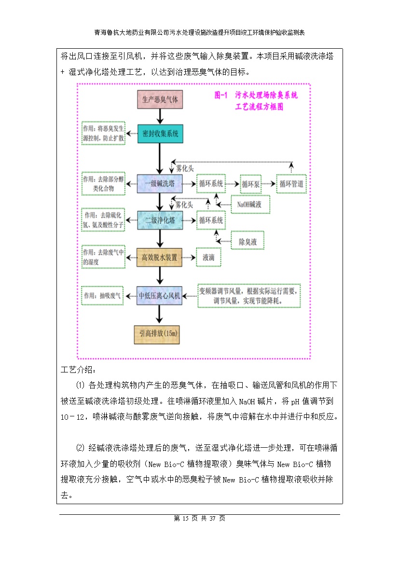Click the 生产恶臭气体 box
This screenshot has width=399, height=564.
161,100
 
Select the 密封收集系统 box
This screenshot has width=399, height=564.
161,134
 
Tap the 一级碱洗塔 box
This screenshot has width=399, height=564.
161,183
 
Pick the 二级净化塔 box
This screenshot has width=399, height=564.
161,220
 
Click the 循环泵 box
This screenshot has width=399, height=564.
250,184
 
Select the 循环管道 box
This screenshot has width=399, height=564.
291,184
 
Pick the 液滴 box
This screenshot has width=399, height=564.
208,257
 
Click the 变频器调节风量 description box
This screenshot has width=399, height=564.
249,296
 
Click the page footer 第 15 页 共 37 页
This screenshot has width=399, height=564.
199,519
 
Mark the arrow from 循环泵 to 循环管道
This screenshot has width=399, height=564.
269,184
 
